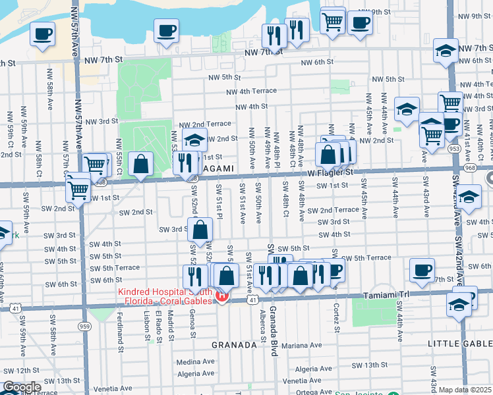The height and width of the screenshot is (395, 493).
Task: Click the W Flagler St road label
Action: pyautogui.click(x=331, y=172)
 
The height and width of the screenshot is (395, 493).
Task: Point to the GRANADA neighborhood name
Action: pyautogui.click(x=233, y=345)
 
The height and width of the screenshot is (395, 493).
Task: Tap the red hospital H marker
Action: pyautogui.click(x=222, y=297)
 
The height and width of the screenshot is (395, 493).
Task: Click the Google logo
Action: pyautogui.click(x=21, y=387)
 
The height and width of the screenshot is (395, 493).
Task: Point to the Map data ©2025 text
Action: pyautogui.click(x=465, y=390)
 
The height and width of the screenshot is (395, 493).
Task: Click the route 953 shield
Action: pyautogui.click(x=455, y=149)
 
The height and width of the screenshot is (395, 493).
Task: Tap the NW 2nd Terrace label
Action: pyautogui.click(x=205, y=124)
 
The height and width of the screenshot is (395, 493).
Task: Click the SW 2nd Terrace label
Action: pyautogui.click(x=338, y=209)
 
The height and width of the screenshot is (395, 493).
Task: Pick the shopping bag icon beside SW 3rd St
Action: pyautogui.click(x=200, y=230)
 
